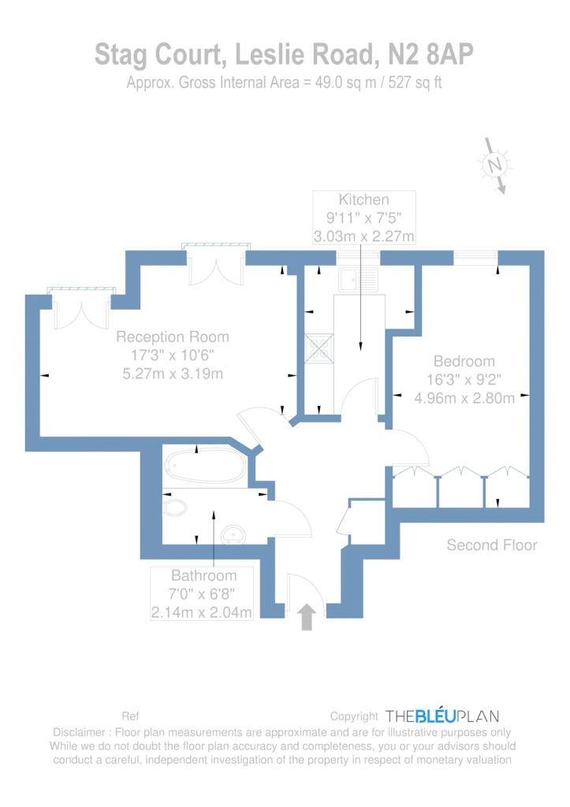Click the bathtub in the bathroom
pos(206,466)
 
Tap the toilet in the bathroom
pos(174,508)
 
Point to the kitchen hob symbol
pos(319,348)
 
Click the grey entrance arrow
pos(307,616)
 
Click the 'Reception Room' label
pos(173,337)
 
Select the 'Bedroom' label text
pos(464,361)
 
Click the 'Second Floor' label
pos(492,545)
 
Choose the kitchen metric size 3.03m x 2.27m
pos(363,236)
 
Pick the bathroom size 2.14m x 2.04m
pos(201,612)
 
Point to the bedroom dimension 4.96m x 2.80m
pos(464,398)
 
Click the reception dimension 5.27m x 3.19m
pos(173,374)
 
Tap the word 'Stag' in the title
pos(121,54)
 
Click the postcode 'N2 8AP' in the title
pos(430,54)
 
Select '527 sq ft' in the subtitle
pos(415,83)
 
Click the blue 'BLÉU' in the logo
pos(436,716)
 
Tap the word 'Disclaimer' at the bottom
pos(80,732)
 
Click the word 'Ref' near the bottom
pos(130,716)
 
